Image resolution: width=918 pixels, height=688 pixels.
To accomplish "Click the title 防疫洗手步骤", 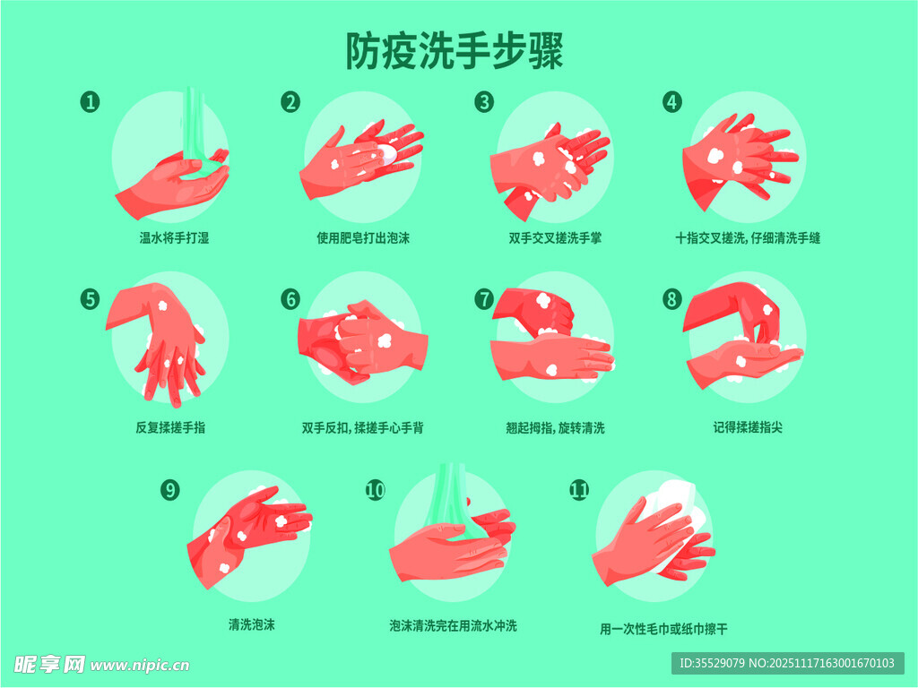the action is click(x=455, y=51).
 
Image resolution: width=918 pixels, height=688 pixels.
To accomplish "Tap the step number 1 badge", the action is click(x=91, y=102).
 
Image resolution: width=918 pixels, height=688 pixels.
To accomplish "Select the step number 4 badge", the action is click(x=672, y=102).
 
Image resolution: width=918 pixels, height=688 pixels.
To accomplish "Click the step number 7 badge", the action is click(x=484, y=299).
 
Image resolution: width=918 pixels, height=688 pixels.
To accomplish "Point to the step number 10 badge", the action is click(x=376, y=490).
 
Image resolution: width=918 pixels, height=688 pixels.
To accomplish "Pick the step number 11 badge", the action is click(x=579, y=490).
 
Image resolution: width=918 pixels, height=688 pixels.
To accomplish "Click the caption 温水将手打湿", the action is click(x=174, y=238).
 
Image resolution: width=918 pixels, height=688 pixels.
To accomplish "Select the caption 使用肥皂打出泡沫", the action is click(x=363, y=238).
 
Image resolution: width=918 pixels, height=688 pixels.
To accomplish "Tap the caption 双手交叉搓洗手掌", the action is click(x=555, y=238).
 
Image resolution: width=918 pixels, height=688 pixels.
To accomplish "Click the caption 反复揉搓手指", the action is click(x=170, y=427).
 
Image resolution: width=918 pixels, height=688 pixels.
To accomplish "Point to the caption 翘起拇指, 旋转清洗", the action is click(x=555, y=428).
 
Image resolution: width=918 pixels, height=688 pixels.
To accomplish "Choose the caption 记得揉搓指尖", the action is click(x=748, y=427).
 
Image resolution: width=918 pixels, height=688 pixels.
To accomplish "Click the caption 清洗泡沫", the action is click(x=252, y=624).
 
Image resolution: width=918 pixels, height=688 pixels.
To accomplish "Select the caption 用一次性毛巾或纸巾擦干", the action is click(x=663, y=629).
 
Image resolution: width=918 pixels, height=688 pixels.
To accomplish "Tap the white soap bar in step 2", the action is click(x=387, y=152).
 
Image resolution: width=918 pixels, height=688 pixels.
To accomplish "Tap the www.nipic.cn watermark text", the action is click(x=140, y=666).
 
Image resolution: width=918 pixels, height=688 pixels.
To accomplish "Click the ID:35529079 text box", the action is click(x=787, y=664).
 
